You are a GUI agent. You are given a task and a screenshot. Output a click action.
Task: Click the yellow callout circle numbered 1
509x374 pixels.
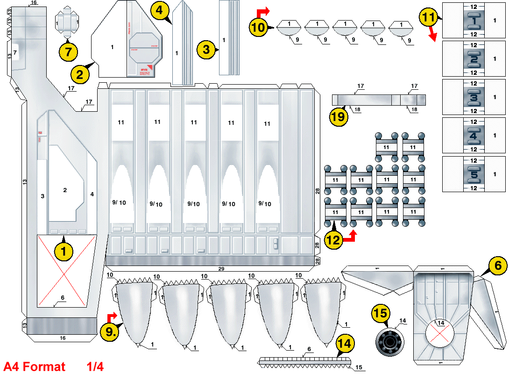coord(64,252)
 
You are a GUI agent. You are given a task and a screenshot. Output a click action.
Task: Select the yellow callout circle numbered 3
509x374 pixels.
coord(206,50)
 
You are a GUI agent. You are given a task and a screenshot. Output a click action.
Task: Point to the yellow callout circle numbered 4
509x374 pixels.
coord(160,10)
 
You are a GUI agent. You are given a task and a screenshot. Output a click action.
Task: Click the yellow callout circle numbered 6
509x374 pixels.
coord(498,266)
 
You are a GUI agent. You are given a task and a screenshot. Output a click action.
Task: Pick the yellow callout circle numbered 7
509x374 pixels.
coord(68,50)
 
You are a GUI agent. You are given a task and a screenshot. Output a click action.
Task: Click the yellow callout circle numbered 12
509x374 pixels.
coord(333,240)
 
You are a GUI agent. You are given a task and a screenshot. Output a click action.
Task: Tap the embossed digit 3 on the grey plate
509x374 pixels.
coord(474,98)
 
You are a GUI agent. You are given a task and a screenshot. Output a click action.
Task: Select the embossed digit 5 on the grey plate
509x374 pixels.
coord(474,174)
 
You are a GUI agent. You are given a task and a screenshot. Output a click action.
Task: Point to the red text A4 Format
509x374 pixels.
coord(35,366)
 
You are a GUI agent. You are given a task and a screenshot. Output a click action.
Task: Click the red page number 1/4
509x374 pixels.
coord(95,366)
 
